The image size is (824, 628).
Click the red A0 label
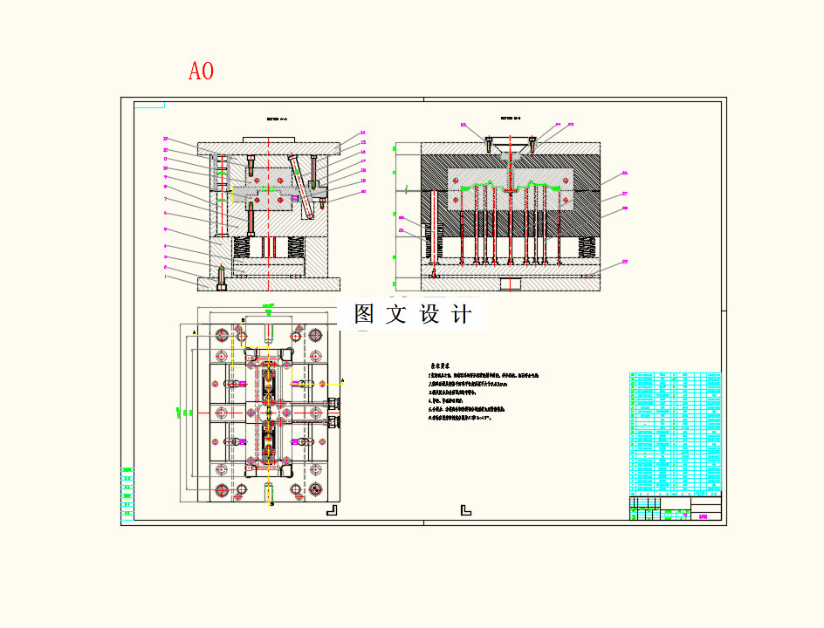pos(201,72)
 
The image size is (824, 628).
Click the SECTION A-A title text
pos(277,119)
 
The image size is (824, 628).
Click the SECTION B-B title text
pos(511,119)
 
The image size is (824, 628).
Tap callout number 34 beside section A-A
pos(362,133)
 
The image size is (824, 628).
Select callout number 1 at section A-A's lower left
pos(165,277)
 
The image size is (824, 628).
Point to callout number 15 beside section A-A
pos(363,142)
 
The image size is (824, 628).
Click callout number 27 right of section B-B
pos(625,193)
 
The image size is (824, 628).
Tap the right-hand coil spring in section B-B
pos(587,247)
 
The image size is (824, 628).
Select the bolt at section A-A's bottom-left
pos(221,277)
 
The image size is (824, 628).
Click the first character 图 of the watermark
pos(364,314)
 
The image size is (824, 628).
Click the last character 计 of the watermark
pos(462,314)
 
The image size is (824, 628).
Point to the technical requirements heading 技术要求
pos(440,366)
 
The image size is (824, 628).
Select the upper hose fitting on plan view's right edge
pos(334,403)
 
